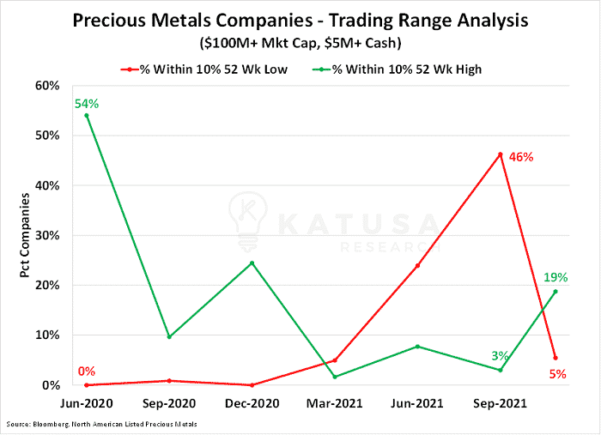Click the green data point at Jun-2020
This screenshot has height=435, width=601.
click(x=86, y=115)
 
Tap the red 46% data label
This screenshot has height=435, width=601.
click(x=521, y=157)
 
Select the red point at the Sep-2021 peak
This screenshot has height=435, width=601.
click(x=501, y=154)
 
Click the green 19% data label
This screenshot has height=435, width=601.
click(x=555, y=277)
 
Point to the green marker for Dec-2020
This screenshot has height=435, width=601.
click(x=252, y=263)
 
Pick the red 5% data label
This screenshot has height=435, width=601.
click(x=558, y=374)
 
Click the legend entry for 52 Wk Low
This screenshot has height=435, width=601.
click(x=204, y=69)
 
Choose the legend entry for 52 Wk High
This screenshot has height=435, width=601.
click(x=397, y=69)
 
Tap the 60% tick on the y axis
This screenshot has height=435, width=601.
click(x=47, y=86)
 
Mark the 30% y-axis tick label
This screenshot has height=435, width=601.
click(x=47, y=235)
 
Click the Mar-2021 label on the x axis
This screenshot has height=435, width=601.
click(x=334, y=403)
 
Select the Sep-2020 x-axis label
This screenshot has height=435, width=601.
click(x=169, y=403)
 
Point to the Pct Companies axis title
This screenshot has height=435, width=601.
click(x=25, y=235)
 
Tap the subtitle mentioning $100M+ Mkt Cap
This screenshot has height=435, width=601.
click(x=300, y=43)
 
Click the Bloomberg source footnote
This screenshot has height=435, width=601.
click(x=101, y=425)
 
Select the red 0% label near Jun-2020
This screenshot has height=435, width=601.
click(x=86, y=371)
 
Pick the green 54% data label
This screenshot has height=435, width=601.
click(x=87, y=104)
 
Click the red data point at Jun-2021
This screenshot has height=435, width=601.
click(x=417, y=265)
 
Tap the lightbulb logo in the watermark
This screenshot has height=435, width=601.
click(x=248, y=221)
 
